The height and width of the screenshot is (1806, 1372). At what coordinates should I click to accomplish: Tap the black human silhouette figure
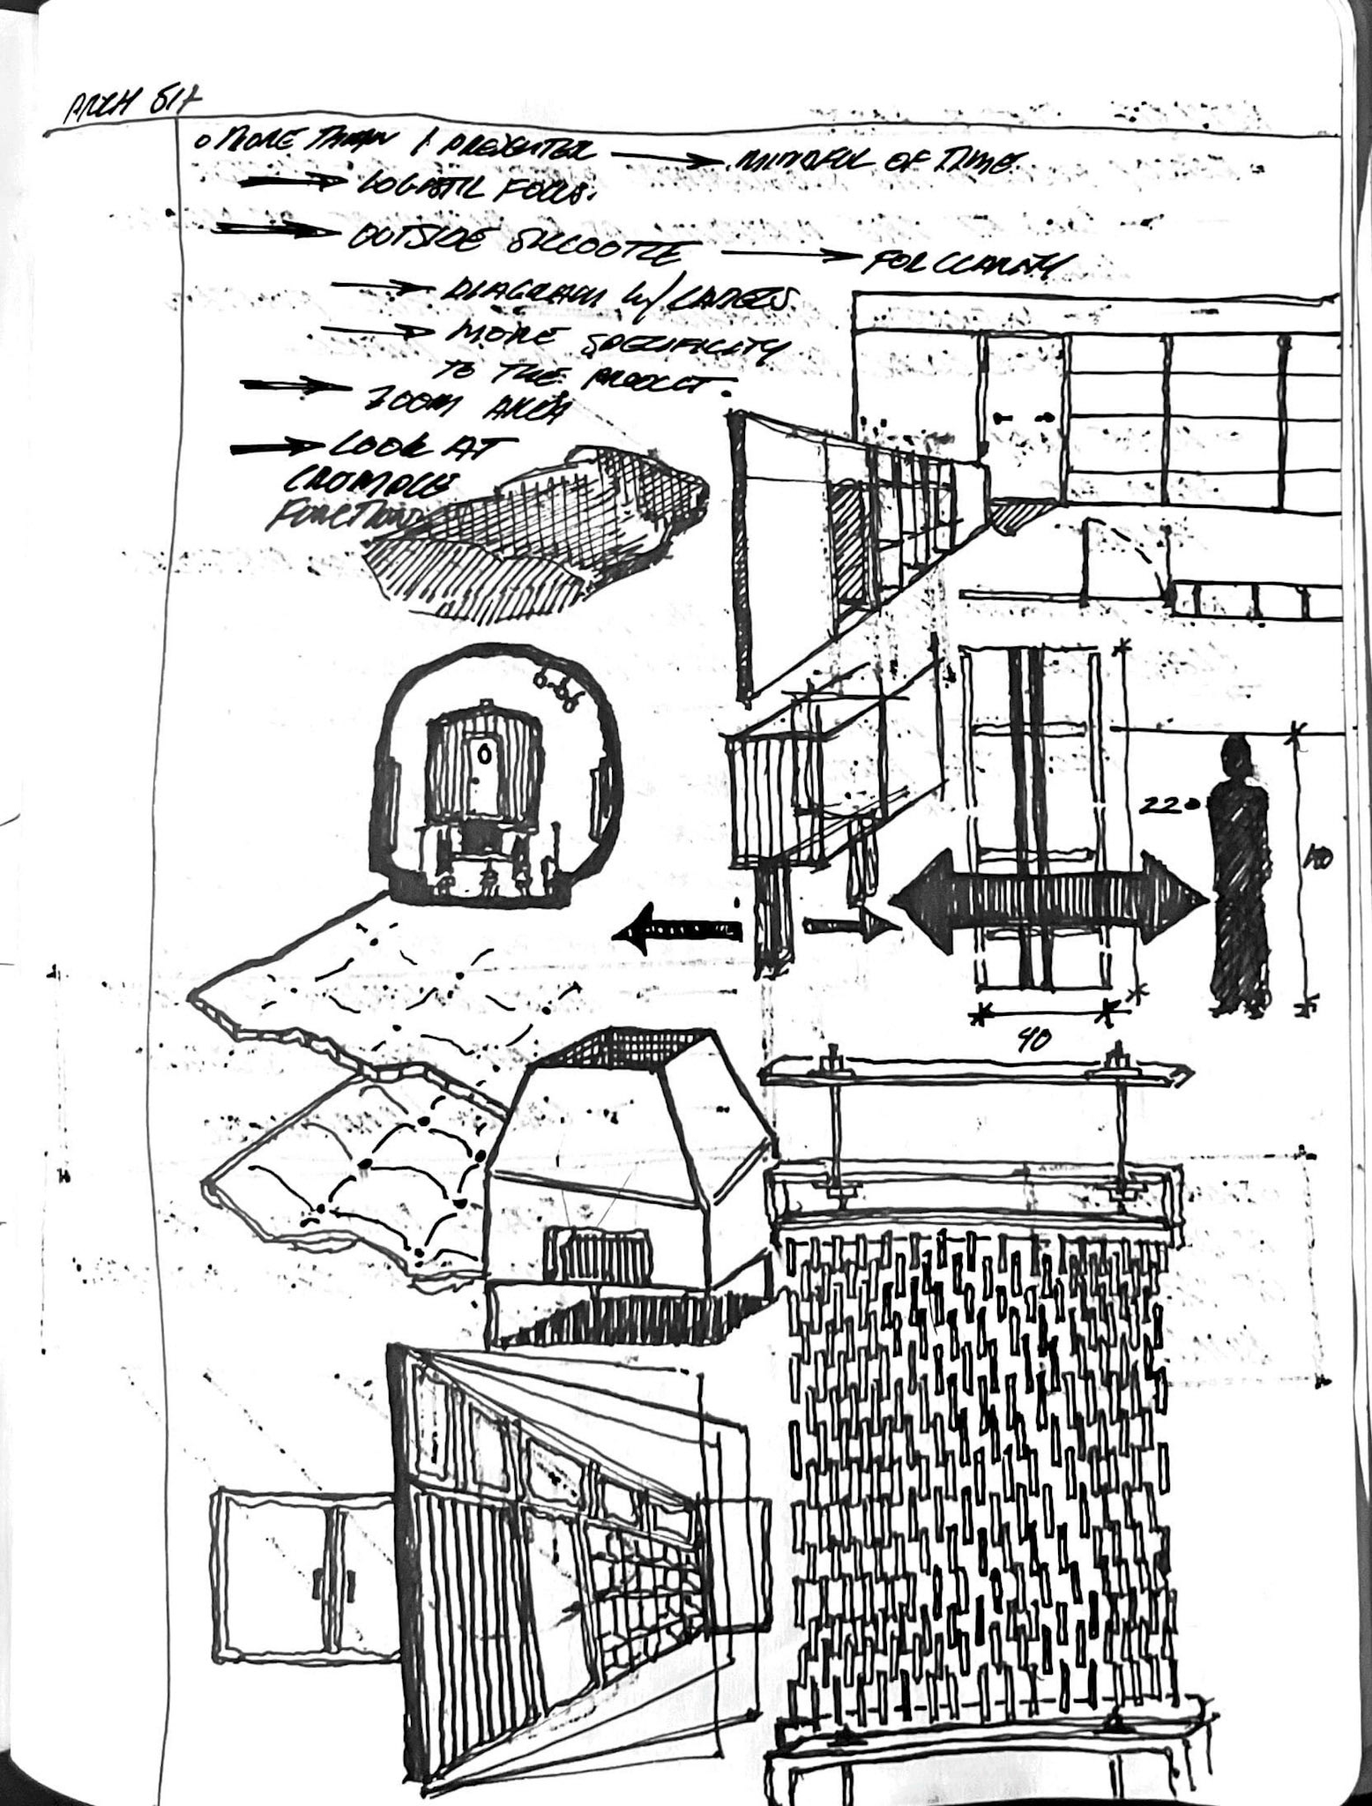1241,873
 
